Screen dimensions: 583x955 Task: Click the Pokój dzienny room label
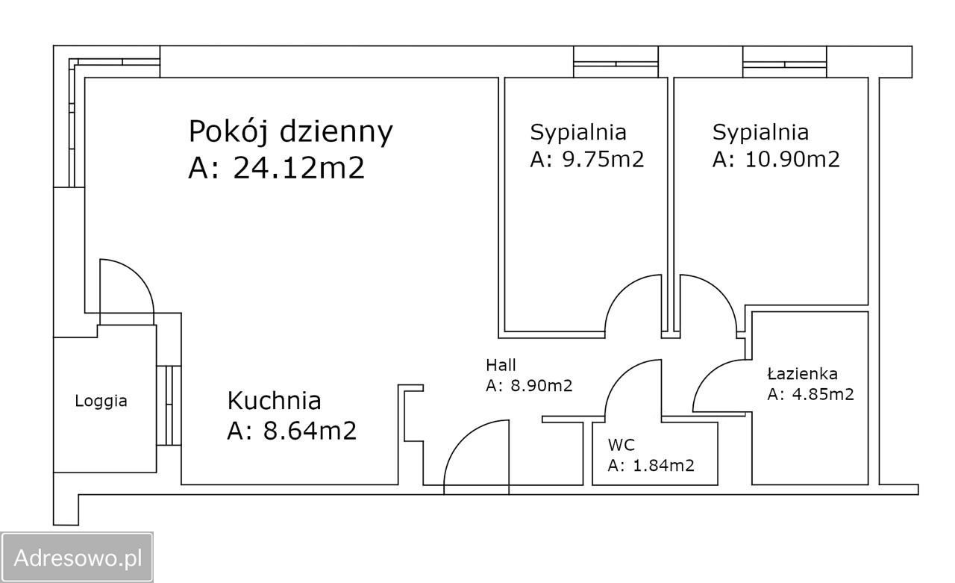(x=290, y=131)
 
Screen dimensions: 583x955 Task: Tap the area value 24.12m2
(x=298, y=168)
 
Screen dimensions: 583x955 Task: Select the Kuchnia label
(x=274, y=401)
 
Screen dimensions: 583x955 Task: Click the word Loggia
(x=101, y=401)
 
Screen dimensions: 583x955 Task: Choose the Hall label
(x=501, y=365)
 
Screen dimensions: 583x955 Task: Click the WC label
(x=621, y=446)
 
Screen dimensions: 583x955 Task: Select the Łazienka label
(x=802, y=373)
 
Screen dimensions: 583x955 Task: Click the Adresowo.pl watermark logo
(x=78, y=557)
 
